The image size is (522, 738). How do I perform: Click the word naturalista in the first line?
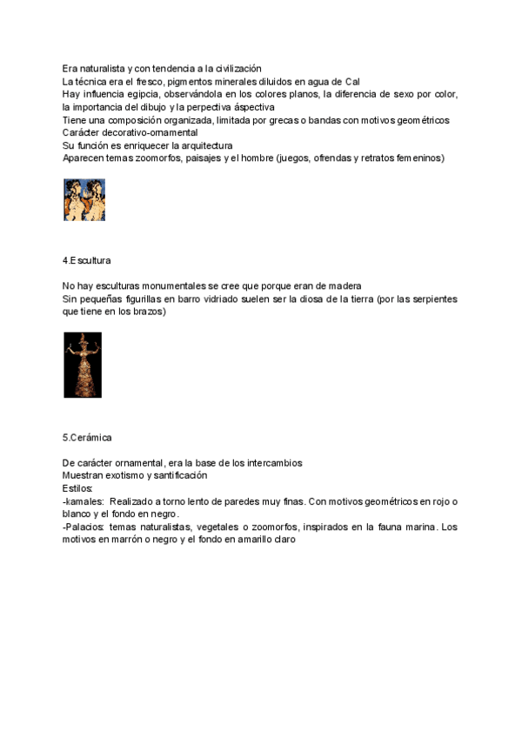[x=99, y=69]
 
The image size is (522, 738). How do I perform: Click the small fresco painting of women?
[x=84, y=199]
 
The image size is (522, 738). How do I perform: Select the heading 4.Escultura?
[x=86, y=260]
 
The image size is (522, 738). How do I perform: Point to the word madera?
[x=342, y=285]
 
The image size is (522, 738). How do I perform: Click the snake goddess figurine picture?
[x=83, y=366]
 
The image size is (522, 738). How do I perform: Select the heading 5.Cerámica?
[x=87, y=436]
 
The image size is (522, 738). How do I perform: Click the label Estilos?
[x=78, y=489]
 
